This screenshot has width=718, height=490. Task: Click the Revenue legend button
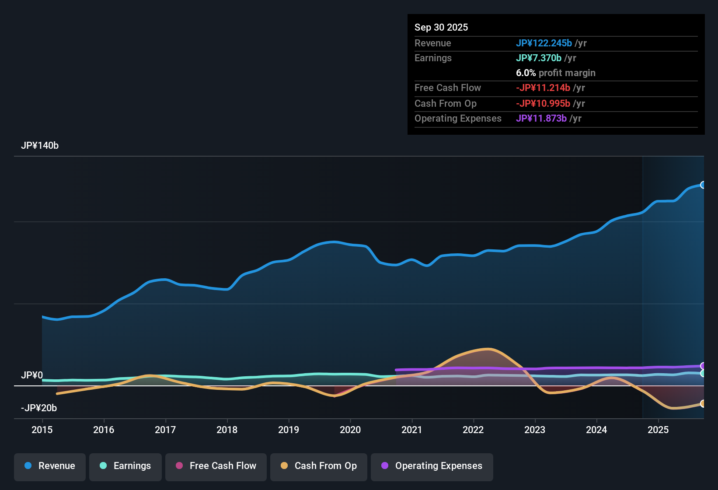tap(50, 466)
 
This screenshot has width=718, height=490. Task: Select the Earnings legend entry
tap(125, 466)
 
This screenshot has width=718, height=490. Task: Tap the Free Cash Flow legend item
tap(216, 466)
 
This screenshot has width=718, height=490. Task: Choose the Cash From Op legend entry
tap(319, 466)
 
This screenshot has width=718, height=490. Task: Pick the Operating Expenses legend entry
tap(432, 466)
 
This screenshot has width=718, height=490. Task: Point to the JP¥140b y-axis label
tap(40, 146)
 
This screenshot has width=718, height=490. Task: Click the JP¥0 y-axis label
tap(32, 375)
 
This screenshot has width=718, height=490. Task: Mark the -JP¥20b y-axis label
tap(39, 408)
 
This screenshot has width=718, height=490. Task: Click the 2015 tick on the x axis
tap(42, 430)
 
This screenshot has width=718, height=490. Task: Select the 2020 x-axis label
tap(350, 430)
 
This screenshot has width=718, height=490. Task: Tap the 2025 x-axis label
tap(658, 430)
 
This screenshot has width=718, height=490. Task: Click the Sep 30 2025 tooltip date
tap(441, 28)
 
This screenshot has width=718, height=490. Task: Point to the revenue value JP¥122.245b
tap(544, 43)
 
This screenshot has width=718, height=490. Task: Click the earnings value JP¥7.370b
tap(538, 58)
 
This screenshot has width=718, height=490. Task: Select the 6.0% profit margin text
tap(555, 73)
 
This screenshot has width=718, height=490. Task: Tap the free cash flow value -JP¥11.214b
tap(543, 88)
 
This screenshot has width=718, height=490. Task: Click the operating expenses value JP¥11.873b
tap(541, 119)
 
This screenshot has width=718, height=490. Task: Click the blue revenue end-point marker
tap(703, 185)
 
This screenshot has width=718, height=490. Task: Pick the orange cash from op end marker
tap(703, 403)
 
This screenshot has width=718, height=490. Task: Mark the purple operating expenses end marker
tap(703, 366)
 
